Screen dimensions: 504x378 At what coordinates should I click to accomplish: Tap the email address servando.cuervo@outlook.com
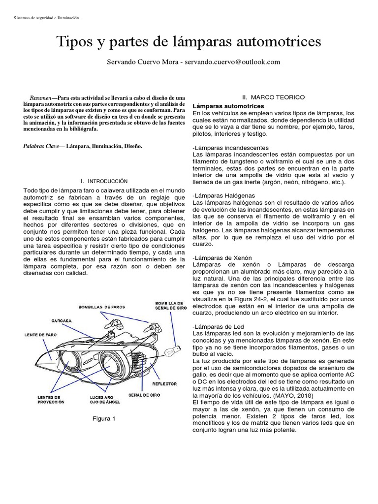pyautogui.click(x=232, y=62)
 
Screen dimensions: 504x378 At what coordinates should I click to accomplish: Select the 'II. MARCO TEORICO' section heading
pyautogui.click(x=274, y=97)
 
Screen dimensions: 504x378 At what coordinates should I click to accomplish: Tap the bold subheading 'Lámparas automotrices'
pyautogui.click(x=228, y=106)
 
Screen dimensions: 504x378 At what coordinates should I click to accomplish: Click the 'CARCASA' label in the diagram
pyautogui.click(x=62, y=320)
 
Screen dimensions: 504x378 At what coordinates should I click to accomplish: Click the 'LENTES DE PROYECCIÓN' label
pyautogui.click(x=51, y=399)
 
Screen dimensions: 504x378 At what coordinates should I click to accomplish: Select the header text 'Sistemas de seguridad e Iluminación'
pyautogui.click(x=44, y=18)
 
